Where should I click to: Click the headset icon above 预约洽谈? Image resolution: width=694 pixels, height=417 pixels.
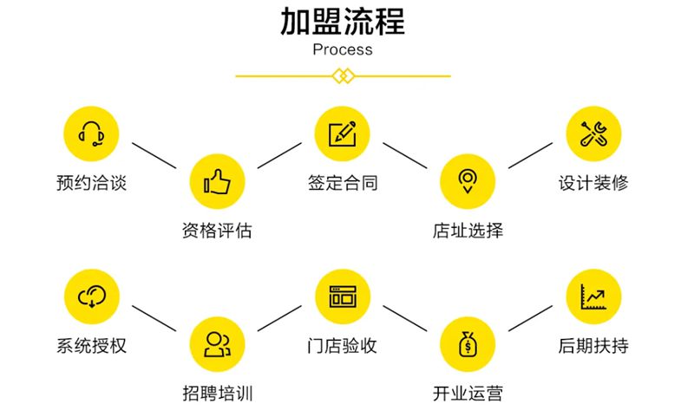click(x=92, y=134)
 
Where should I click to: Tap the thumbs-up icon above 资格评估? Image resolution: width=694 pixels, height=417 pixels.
click(x=217, y=182)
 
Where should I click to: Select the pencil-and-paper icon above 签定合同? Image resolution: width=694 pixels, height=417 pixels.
click(x=342, y=134)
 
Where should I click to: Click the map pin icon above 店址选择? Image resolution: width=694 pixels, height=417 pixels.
click(x=468, y=181)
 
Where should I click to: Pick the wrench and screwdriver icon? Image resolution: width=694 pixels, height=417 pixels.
click(x=593, y=134)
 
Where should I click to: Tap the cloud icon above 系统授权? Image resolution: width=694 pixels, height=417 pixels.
click(x=92, y=296)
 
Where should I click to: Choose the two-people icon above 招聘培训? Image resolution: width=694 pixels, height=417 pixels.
click(x=217, y=344)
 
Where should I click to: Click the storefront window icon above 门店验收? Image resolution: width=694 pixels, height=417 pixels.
click(x=343, y=296)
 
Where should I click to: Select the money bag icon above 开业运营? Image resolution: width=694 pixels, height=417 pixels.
click(x=468, y=343)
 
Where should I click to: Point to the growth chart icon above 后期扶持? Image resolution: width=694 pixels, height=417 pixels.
click(x=593, y=296)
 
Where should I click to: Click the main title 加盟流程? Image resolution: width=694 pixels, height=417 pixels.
click(x=343, y=21)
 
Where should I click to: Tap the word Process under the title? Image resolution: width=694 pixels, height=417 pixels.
click(x=343, y=49)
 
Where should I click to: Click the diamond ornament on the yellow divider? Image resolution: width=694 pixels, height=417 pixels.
click(x=343, y=76)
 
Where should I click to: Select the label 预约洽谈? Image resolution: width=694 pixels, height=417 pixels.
click(x=92, y=183)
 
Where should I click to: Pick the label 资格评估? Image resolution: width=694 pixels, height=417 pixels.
click(x=217, y=231)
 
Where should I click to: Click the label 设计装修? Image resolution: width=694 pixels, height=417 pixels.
click(x=593, y=183)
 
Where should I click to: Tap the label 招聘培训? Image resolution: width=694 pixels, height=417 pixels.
click(x=218, y=393)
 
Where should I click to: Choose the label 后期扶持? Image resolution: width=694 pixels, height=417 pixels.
click(x=593, y=345)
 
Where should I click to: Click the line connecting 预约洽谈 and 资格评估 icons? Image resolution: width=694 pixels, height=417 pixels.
click(x=154, y=155)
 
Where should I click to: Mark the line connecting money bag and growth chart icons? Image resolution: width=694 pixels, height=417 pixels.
click(x=530, y=318)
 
